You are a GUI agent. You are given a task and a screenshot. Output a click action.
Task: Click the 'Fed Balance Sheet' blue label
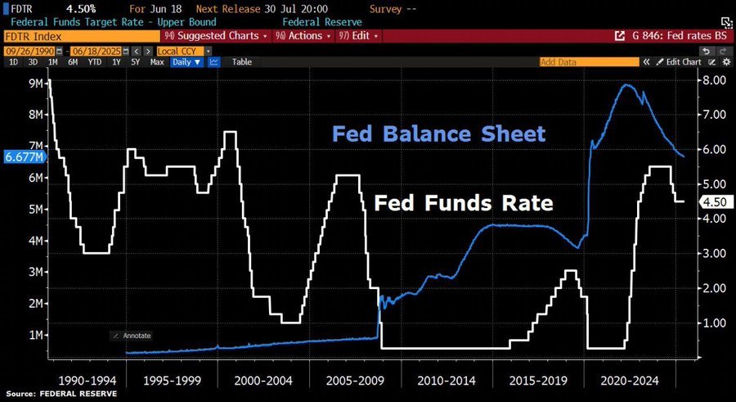[438, 133]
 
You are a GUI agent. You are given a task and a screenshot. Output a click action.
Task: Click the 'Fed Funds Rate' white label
[464, 203]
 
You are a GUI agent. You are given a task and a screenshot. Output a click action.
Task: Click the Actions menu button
[303, 36]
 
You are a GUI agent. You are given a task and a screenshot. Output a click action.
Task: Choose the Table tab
[241, 61]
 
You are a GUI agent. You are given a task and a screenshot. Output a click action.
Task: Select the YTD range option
[95, 61]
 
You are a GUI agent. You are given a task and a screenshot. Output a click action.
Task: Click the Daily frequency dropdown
[186, 61]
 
